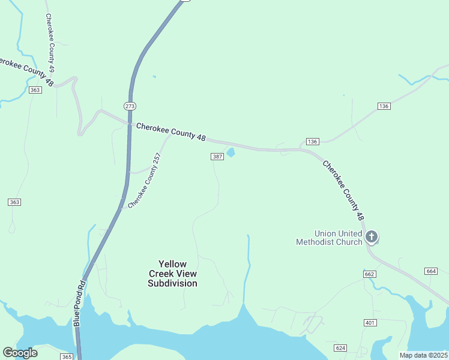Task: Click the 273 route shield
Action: pos(130,106)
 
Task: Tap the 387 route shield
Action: pos(217,157)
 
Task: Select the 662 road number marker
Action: pos(369,274)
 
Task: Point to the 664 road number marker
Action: pos(431,271)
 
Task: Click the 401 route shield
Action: pos(370,323)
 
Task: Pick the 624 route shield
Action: pos(340,348)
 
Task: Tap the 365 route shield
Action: pos(66,356)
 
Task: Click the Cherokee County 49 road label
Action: pos(50,40)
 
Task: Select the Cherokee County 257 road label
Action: pos(145,181)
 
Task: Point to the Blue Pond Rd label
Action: pos(79,302)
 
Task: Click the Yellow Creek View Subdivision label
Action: pos(172,274)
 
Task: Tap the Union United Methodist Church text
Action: pos(330,238)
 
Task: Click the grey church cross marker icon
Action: pos(372,237)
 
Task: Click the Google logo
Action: pos(20,353)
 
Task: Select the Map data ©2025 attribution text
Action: pos(423,355)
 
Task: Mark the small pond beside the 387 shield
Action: pos(230,152)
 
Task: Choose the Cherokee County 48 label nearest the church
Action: pos(343,190)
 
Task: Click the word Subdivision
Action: pos(172,283)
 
